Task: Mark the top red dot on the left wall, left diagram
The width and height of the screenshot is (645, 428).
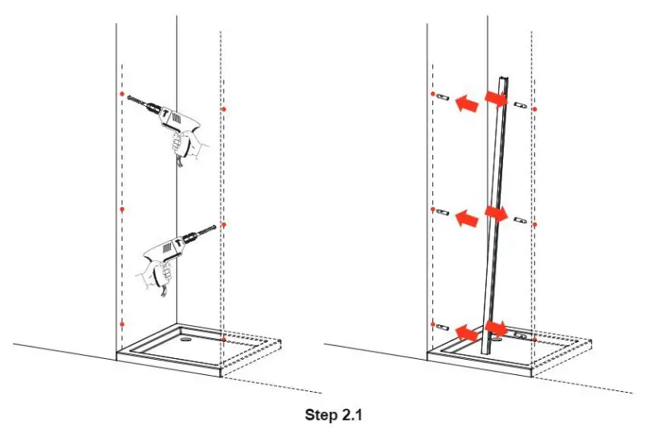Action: pyautogui.click(x=122, y=95)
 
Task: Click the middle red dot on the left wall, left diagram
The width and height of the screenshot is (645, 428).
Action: pyautogui.click(x=122, y=210)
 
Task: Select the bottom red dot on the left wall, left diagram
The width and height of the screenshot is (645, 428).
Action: pyautogui.click(x=122, y=324)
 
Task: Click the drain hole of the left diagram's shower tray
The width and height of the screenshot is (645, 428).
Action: pyautogui.click(x=186, y=338)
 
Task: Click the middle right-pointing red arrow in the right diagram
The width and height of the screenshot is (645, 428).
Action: pyautogui.click(x=497, y=214)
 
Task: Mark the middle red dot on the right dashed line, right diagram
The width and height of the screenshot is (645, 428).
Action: pyautogui.click(x=535, y=224)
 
